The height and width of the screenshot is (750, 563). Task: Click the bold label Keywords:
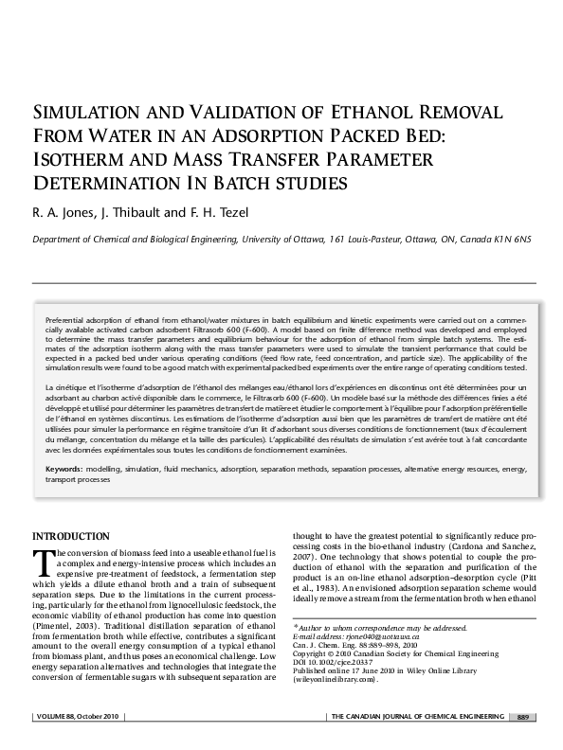pos(64,470)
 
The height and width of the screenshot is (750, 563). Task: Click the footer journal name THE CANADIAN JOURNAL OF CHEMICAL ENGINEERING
pos(417,741)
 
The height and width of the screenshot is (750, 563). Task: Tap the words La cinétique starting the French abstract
pos(65,389)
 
